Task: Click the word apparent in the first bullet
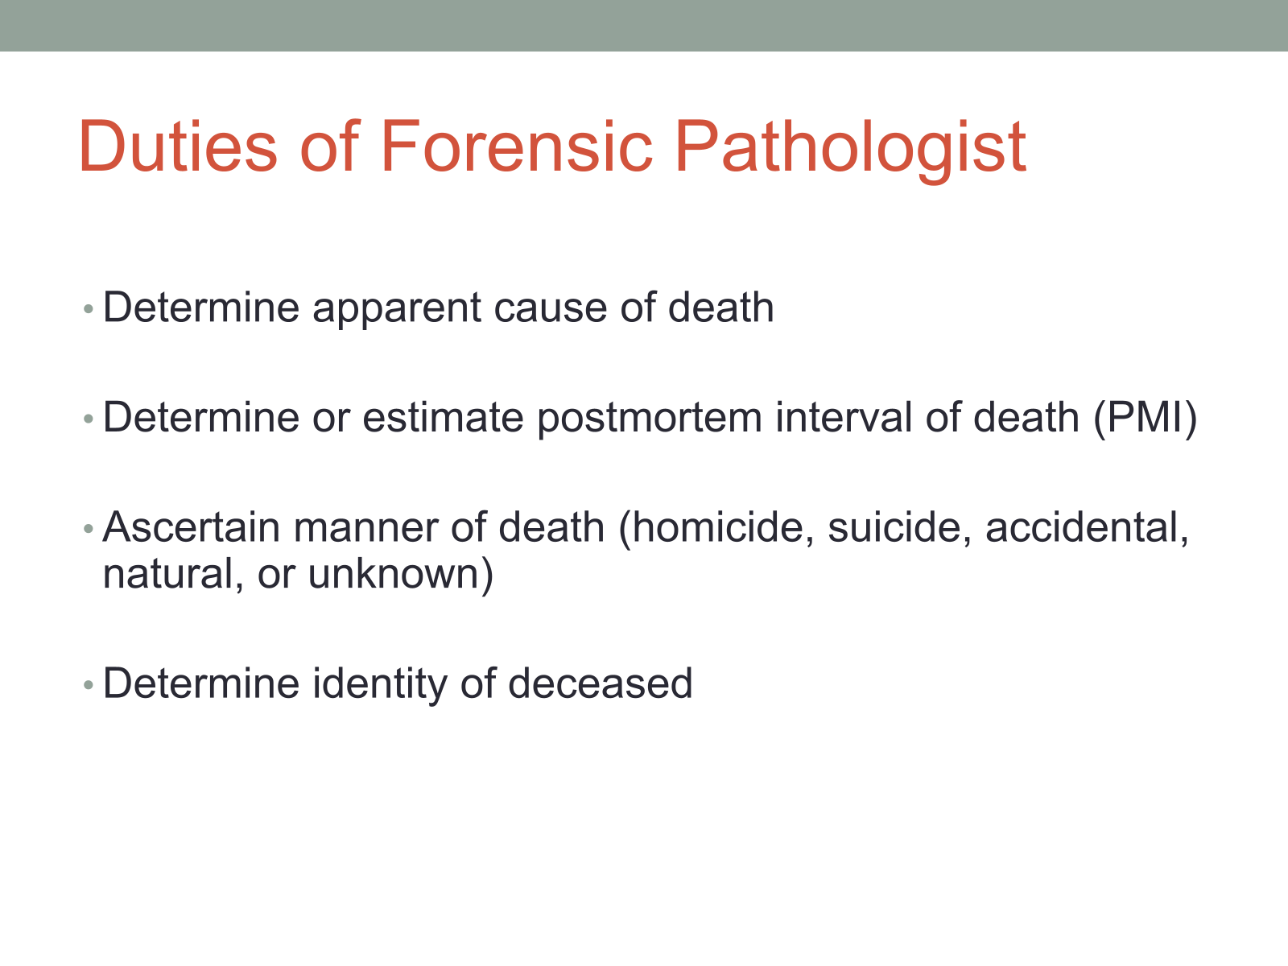[x=397, y=309]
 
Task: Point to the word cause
[x=551, y=309]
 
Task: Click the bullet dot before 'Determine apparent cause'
[x=89, y=309]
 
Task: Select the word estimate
[x=443, y=418]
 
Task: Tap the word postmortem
[x=650, y=420]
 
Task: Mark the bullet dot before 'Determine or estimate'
[x=89, y=419]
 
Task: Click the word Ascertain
[x=192, y=527]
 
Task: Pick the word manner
[x=365, y=530]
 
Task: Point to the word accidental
[x=1087, y=528]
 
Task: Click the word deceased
[x=601, y=684]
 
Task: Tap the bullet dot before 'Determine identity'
[x=89, y=684]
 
